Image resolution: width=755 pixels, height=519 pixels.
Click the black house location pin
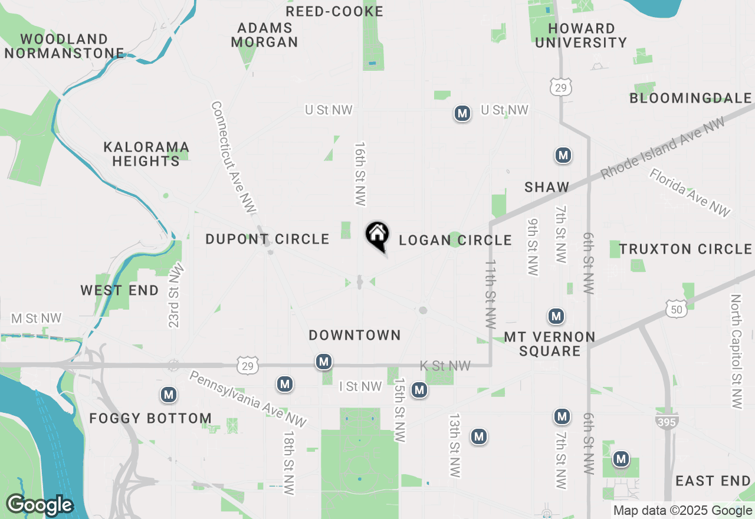click(377, 235)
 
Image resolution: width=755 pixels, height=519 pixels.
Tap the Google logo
click(40, 505)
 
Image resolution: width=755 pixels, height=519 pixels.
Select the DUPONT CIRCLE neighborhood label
click(267, 239)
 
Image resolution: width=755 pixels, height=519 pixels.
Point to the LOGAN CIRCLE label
click(455, 240)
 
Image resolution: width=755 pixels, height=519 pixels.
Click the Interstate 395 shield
click(667, 420)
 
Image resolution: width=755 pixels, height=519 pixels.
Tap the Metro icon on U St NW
click(462, 113)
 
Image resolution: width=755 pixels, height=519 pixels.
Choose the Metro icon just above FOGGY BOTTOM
click(169, 395)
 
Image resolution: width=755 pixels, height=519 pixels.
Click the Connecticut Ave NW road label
click(233, 157)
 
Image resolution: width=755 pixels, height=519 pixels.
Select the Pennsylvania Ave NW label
click(248, 399)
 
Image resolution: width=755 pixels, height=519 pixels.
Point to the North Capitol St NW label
click(736, 352)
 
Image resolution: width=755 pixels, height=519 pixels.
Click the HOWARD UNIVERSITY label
click(581, 35)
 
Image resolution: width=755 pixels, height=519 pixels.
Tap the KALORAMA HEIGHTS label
click(146, 154)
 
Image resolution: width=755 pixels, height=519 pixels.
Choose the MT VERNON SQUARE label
click(550, 344)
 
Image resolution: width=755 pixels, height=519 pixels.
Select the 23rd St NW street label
click(176, 295)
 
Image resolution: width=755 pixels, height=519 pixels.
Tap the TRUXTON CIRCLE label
click(685, 249)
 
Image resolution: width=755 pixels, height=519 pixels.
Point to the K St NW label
click(445, 366)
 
